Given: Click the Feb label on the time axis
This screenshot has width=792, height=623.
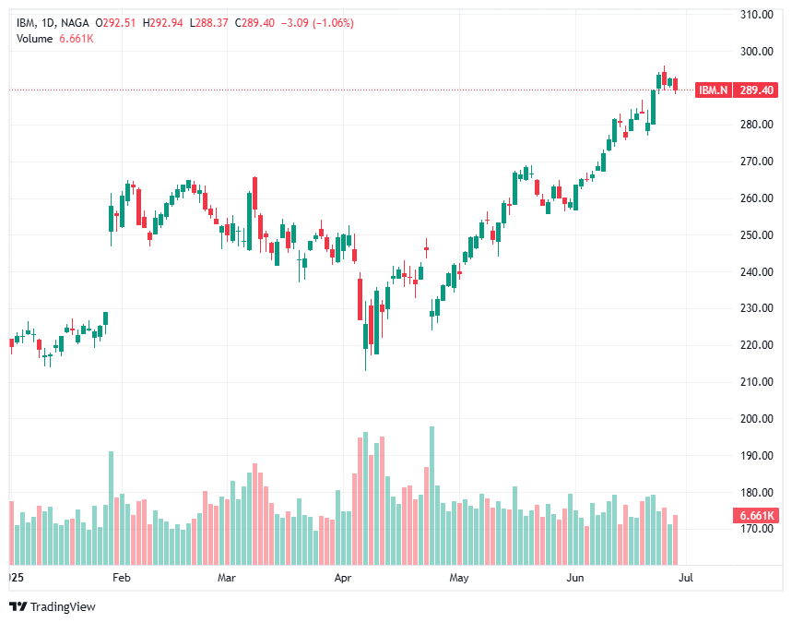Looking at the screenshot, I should click(120, 579).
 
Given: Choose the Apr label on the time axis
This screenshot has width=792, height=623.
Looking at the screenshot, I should click(344, 579).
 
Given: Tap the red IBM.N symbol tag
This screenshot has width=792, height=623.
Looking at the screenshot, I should click(713, 90).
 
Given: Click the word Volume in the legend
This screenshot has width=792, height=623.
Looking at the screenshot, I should click(35, 38).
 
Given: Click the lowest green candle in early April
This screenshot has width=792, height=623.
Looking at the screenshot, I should click(366, 346).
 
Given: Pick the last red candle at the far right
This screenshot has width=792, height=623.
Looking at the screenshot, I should click(676, 86).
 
